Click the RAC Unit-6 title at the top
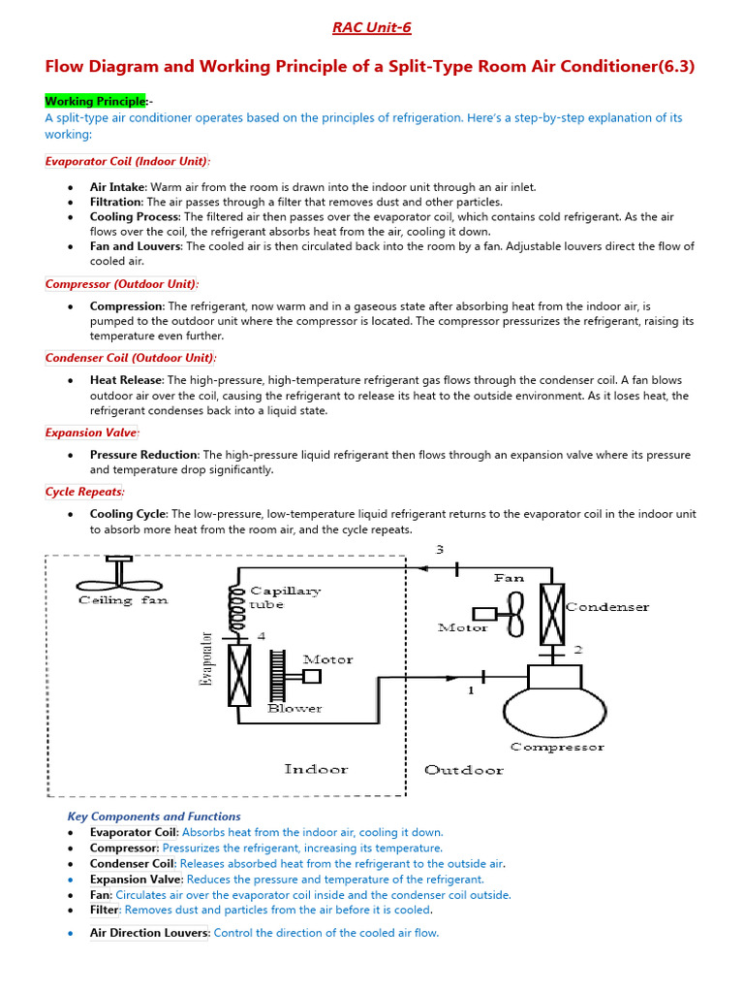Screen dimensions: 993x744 coord(372,27)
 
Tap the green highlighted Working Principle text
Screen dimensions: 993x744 coord(95,101)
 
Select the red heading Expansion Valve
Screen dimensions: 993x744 coord(92,432)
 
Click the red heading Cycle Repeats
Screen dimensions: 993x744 coord(83,492)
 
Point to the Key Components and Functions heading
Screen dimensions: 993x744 coord(154,817)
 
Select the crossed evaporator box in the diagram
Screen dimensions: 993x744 coord(239,676)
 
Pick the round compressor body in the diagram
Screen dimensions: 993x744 coord(554,713)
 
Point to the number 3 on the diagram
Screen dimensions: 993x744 coord(439,550)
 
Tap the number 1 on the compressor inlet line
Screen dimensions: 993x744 coord(472,691)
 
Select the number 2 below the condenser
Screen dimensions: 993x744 coord(577,649)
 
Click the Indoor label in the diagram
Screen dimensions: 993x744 coord(316,769)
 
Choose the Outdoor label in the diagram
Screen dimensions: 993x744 coord(464,770)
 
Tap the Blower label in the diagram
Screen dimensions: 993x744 coord(294,709)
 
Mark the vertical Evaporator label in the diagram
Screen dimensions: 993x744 coord(205,659)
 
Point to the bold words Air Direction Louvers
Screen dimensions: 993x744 coord(149,933)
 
